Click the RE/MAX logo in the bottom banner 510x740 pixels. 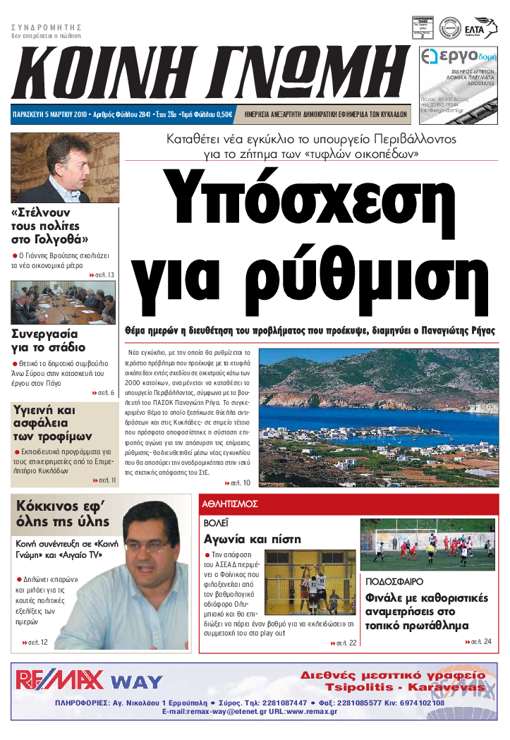tap(59, 680)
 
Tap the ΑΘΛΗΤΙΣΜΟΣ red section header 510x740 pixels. tap(230, 504)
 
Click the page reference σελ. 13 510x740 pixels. tap(103, 274)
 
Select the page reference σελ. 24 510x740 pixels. tap(480, 641)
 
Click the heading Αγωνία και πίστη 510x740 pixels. tap(252, 540)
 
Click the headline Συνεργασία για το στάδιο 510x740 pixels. tap(49, 340)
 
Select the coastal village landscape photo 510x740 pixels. tap(378, 417)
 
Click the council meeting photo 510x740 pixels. tap(63, 302)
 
